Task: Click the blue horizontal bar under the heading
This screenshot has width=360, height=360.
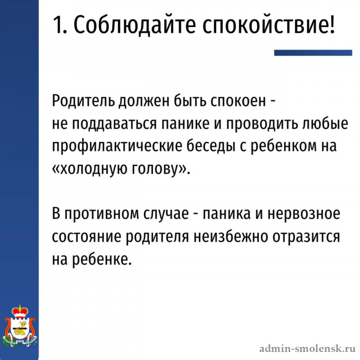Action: point(313,53)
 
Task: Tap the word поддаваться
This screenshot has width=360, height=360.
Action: point(114,125)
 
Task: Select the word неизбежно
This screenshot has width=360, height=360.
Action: point(230,237)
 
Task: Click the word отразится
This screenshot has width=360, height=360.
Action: point(306,237)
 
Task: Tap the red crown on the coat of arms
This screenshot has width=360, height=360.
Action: point(20,311)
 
